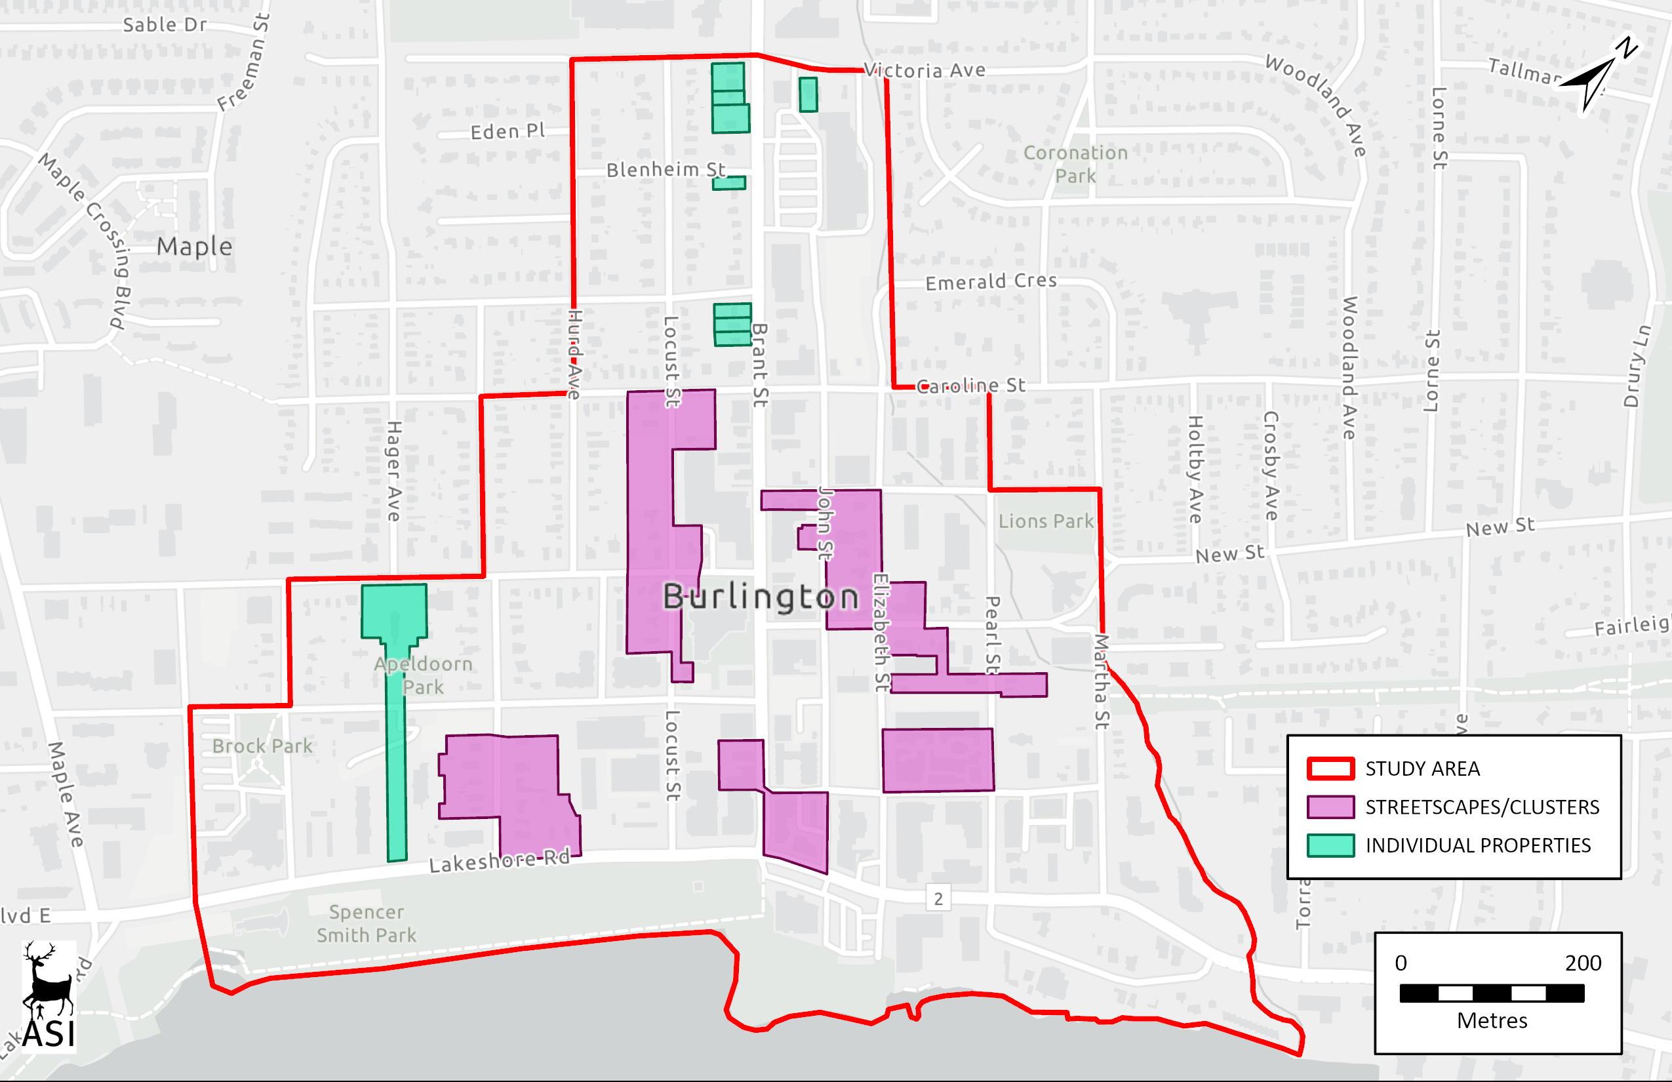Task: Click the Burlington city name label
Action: pos(761,597)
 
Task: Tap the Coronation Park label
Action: pos(1075,164)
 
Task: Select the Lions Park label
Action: pos(1046,521)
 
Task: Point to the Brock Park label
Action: pos(262,746)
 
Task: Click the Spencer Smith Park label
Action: pos(366,923)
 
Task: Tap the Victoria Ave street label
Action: pos(925,70)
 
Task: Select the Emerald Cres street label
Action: pos(991,282)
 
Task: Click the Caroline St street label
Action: pos(971,386)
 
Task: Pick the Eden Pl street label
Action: pos(508,131)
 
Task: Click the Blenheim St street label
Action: pos(666,169)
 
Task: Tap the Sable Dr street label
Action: pos(165,26)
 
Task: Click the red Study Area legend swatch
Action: pos(1330,769)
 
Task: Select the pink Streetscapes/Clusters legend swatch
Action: pos(1330,807)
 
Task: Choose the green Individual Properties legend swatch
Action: pos(1330,846)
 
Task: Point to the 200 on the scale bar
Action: pos(1583,963)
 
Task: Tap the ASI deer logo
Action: pos(49,996)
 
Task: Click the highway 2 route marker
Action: pos(938,898)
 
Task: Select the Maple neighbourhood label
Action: pos(194,247)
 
